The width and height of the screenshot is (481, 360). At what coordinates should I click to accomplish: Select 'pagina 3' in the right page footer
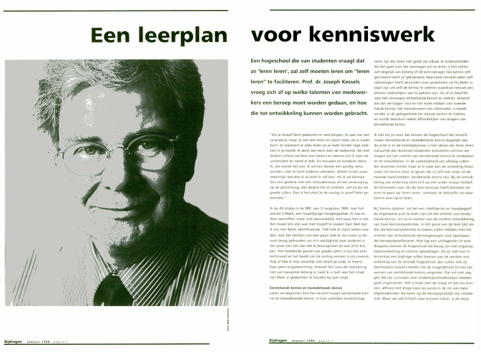327,350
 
